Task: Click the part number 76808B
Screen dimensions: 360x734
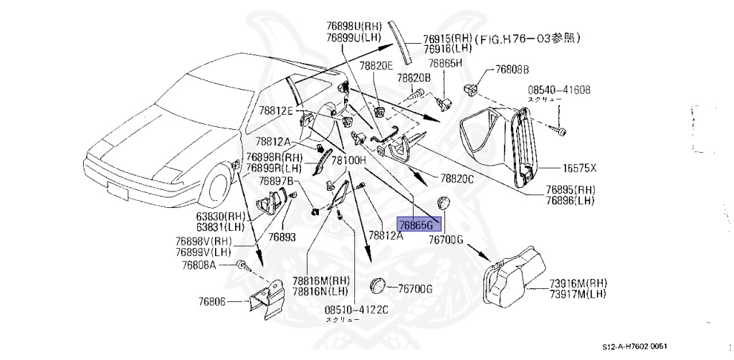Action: tap(511, 70)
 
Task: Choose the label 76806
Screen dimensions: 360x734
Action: tap(210, 302)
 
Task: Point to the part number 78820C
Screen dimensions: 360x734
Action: tap(457, 178)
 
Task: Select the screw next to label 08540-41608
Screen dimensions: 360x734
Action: tap(560, 131)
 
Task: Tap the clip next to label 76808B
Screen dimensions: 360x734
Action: tap(472, 90)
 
